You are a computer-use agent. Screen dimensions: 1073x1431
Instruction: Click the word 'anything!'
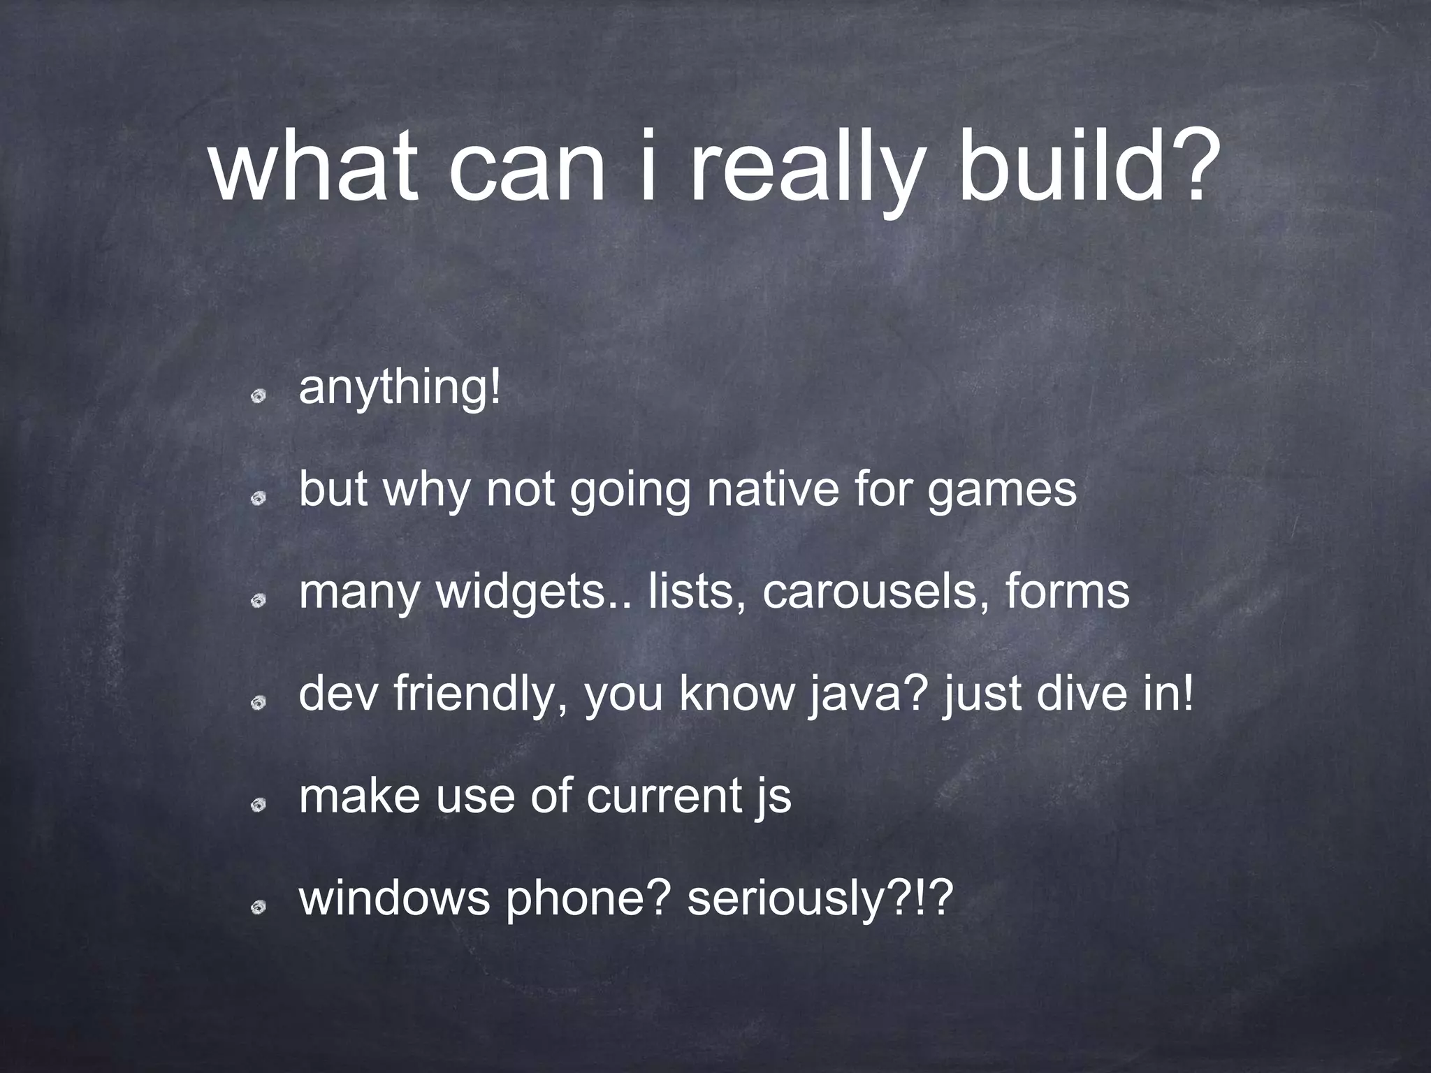coord(400,388)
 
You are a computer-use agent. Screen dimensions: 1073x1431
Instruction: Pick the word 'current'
coord(664,796)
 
